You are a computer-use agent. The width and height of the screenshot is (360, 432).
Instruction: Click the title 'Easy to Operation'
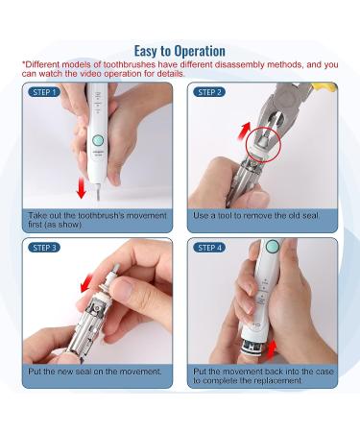(x=180, y=51)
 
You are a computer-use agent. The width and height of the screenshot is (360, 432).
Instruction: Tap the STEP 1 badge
(x=44, y=92)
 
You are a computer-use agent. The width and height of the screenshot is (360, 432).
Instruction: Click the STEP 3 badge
(x=44, y=248)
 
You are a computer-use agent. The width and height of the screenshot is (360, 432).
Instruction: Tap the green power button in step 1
(x=97, y=140)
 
